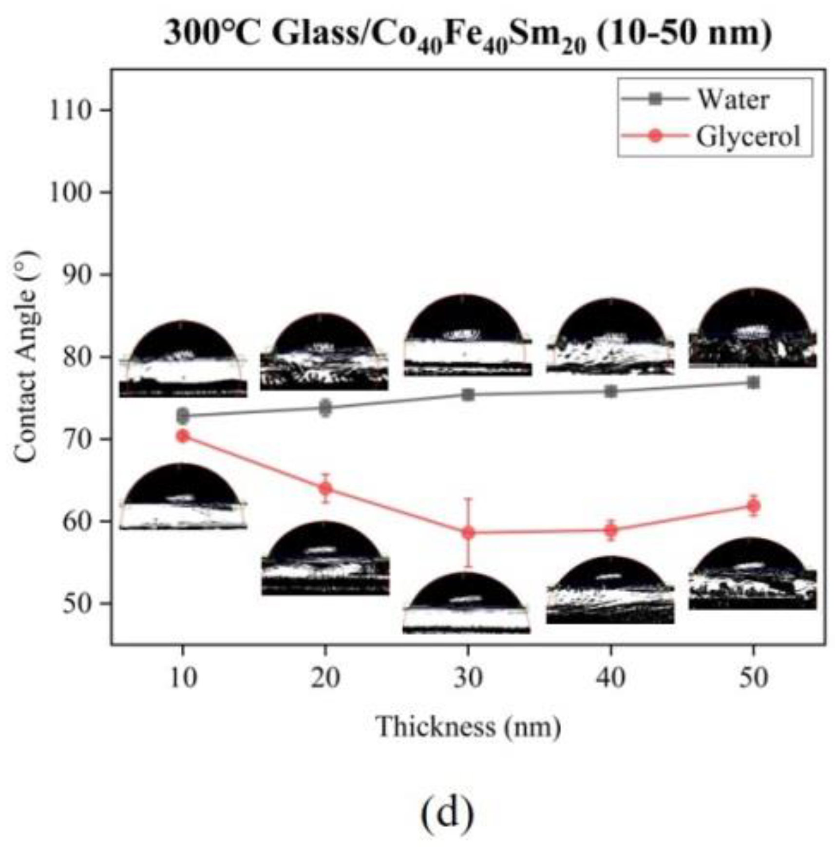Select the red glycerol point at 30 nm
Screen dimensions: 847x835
click(x=468, y=533)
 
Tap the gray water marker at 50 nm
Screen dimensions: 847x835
click(x=753, y=382)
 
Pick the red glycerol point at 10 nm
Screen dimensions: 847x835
click(x=183, y=436)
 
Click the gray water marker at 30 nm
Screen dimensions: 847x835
click(x=468, y=395)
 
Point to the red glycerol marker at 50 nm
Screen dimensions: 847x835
click(x=753, y=506)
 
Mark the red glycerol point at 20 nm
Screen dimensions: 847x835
click(x=325, y=488)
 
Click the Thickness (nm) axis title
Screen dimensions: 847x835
click(x=468, y=728)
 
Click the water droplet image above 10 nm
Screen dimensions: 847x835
click(x=183, y=359)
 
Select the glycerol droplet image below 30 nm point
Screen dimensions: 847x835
click(x=466, y=603)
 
